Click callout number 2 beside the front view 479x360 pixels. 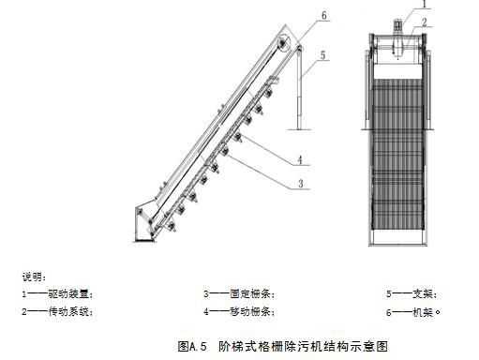424,21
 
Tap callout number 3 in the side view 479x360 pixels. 300,184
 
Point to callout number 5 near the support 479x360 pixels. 322,55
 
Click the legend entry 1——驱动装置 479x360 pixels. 57,293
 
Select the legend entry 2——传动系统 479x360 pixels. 57,310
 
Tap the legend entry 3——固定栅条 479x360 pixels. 240,293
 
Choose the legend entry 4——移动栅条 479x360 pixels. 240,310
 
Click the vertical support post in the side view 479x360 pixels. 299,89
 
